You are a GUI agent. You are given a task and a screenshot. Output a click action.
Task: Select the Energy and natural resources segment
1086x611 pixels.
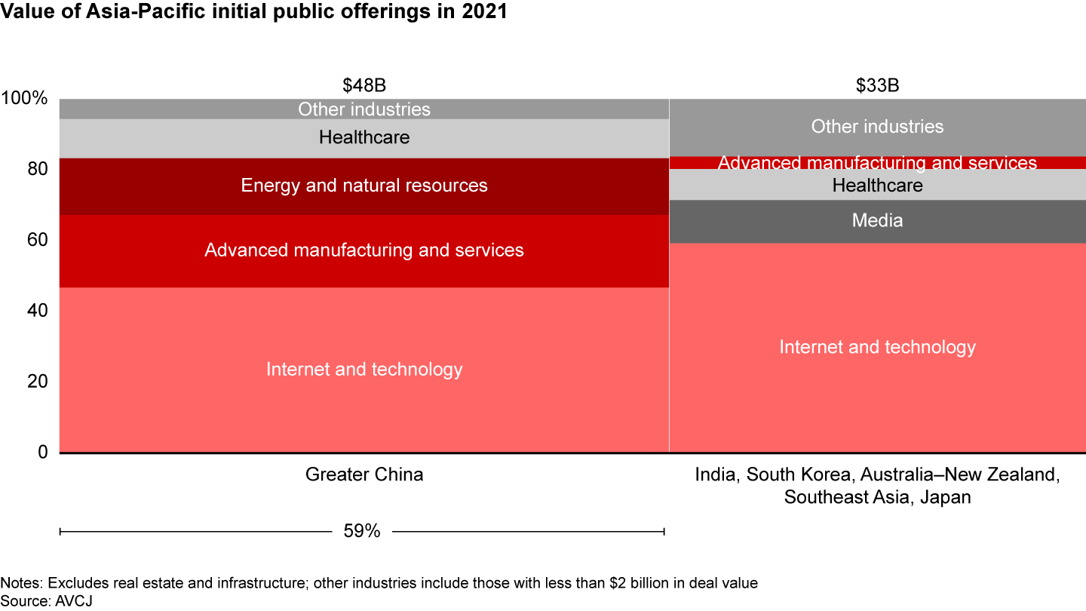364,186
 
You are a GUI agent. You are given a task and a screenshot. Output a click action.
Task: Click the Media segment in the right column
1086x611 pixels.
877,221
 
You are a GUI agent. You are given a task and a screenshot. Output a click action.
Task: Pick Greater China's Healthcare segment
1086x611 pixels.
364,138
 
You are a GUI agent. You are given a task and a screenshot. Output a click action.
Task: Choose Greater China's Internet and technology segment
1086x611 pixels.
364,370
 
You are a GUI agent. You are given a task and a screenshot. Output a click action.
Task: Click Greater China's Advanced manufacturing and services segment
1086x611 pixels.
364,250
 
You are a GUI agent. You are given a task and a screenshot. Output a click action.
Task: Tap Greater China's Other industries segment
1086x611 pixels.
364,109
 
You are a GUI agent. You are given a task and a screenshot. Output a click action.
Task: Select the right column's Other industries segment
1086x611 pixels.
877,127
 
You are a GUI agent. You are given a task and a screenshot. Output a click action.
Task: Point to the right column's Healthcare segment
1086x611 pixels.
877,185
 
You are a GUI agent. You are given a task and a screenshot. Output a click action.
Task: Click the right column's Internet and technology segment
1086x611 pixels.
877,347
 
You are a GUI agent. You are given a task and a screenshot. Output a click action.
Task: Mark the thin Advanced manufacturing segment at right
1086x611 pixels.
877,163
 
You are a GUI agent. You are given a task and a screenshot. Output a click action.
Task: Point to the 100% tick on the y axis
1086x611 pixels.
25,99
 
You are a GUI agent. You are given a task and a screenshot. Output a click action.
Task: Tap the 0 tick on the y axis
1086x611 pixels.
43,452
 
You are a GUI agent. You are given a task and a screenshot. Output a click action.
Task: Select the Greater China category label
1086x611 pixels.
364,474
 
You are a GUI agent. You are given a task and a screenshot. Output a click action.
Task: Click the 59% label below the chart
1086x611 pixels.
362,531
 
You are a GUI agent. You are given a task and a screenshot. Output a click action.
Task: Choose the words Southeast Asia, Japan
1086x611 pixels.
877,497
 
